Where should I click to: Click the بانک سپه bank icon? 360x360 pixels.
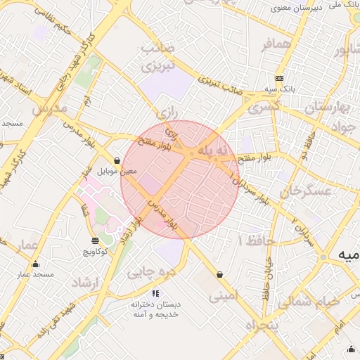point(280,77)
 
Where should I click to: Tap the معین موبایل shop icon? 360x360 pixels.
point(117,160)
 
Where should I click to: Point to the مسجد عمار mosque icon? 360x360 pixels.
point(35,264)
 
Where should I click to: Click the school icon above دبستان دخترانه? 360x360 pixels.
point(155,293)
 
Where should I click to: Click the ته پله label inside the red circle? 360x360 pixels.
point(213,150)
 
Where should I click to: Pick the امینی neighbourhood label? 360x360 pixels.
point(224,296)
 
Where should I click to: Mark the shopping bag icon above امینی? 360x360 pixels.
point(221,274)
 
